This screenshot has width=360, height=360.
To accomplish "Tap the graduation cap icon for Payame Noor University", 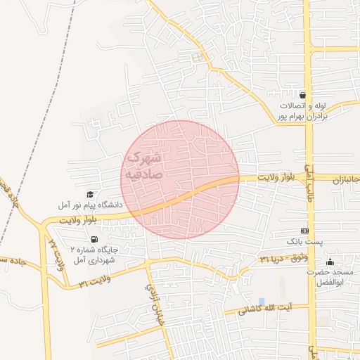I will (x=90, y=194).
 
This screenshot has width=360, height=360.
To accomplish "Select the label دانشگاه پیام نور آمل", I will (x=91, y=205).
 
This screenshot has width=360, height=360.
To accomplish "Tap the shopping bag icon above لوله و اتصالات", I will (x=302, y=94).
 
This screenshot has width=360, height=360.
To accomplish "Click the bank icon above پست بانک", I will (x=304, y=230).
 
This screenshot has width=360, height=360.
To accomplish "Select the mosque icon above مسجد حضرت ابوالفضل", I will (x=330, y=262).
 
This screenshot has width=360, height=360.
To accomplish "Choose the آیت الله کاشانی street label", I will (x=266, y=309).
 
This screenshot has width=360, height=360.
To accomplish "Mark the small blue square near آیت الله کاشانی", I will (x=262, y=302).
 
